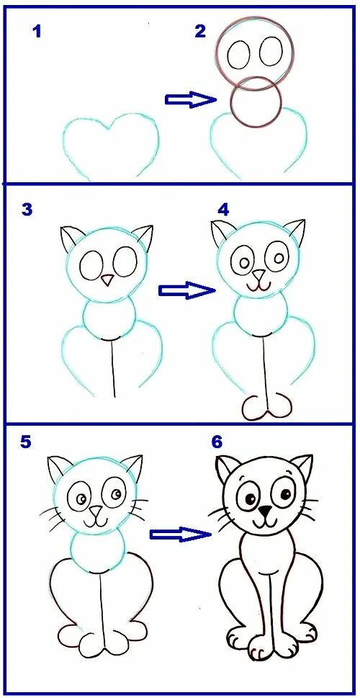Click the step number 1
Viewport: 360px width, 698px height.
tap(36, 31)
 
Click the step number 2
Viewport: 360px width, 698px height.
tap(200, 31)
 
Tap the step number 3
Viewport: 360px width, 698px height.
tap(27, 210)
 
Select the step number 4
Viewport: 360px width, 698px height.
tap(224, 210)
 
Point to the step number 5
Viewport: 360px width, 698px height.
tap(26, 442)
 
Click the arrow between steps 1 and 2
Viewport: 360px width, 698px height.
tap(190, 99)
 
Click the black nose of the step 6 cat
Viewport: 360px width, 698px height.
tap(266, 511)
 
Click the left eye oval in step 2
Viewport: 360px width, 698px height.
tap(238, 52)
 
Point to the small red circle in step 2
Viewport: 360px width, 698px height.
tap(256, 102)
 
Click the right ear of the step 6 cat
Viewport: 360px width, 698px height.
tap(302, 468)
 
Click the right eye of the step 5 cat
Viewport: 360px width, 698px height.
tap(115, 493)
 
